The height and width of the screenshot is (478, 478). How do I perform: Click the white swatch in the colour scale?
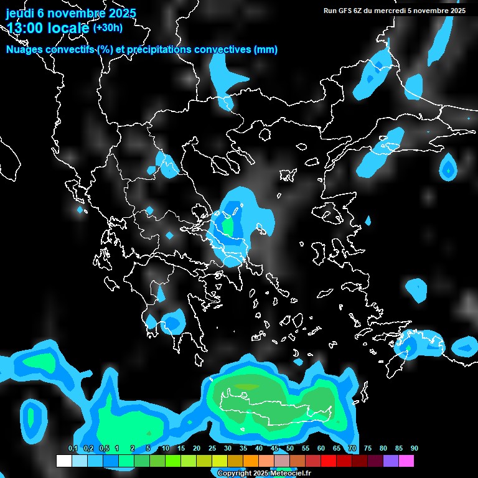click(x=63, y=461)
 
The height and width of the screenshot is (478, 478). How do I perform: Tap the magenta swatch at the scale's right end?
click(x=406, y=461)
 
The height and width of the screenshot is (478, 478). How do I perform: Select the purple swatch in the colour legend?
click(x=391, y=461)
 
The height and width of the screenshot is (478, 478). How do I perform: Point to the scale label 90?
click(x=415, y=449)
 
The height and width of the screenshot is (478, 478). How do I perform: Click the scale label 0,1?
click(x=73, y=449)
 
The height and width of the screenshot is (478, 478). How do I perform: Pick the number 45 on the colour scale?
click(x=274, y=449)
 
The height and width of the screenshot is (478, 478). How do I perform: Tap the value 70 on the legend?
click(x=352, y=449)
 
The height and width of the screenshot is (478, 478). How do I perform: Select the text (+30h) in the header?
click(x=108, y=27)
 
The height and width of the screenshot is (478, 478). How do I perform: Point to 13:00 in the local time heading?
click(x=24, y=28)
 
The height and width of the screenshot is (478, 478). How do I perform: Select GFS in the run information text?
click(x=345, y=11)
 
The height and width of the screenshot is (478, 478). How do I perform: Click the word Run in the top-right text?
click(x=330, y=11)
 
